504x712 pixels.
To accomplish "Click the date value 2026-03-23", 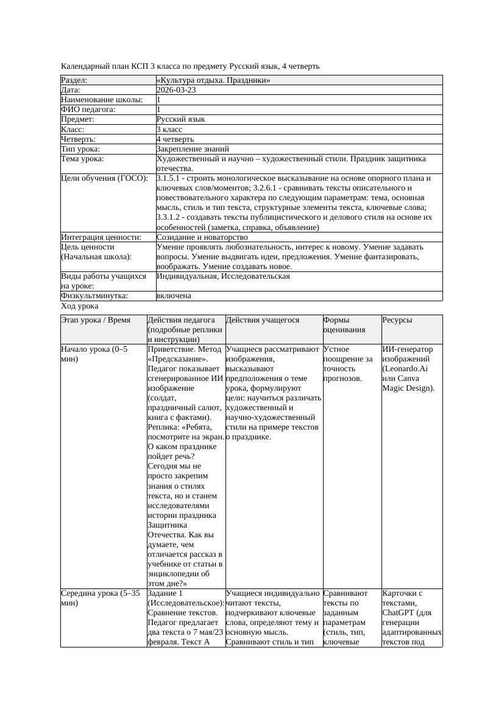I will tap(176, 89).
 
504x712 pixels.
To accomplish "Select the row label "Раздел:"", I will tap(74, 80).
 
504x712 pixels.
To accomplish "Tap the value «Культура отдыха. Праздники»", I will tap(213, 80).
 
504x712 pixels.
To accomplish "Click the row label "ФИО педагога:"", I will tap(88, 110).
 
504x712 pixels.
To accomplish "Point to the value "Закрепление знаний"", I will tap(193, 148).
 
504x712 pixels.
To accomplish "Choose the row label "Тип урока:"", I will tap(80, 148).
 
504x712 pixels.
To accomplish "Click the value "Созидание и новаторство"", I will tap(202, 237).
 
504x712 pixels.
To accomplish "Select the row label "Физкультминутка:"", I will tap(94, 296).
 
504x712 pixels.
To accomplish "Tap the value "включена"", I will tap(174, 296).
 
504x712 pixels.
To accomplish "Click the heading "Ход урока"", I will tap(80, 306).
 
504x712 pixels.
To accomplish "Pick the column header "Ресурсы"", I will tap(397, 320).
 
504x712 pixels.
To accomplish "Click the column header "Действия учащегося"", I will tap(263, 320).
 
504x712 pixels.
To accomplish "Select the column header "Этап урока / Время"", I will tap(96, 320).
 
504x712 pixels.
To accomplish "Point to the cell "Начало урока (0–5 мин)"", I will tap(94, 354).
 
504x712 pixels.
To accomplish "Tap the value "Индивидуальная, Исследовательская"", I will tap(223, 276).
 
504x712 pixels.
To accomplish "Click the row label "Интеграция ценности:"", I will tap(101, 237).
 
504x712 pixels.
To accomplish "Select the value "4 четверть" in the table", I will tap(175, 139).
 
